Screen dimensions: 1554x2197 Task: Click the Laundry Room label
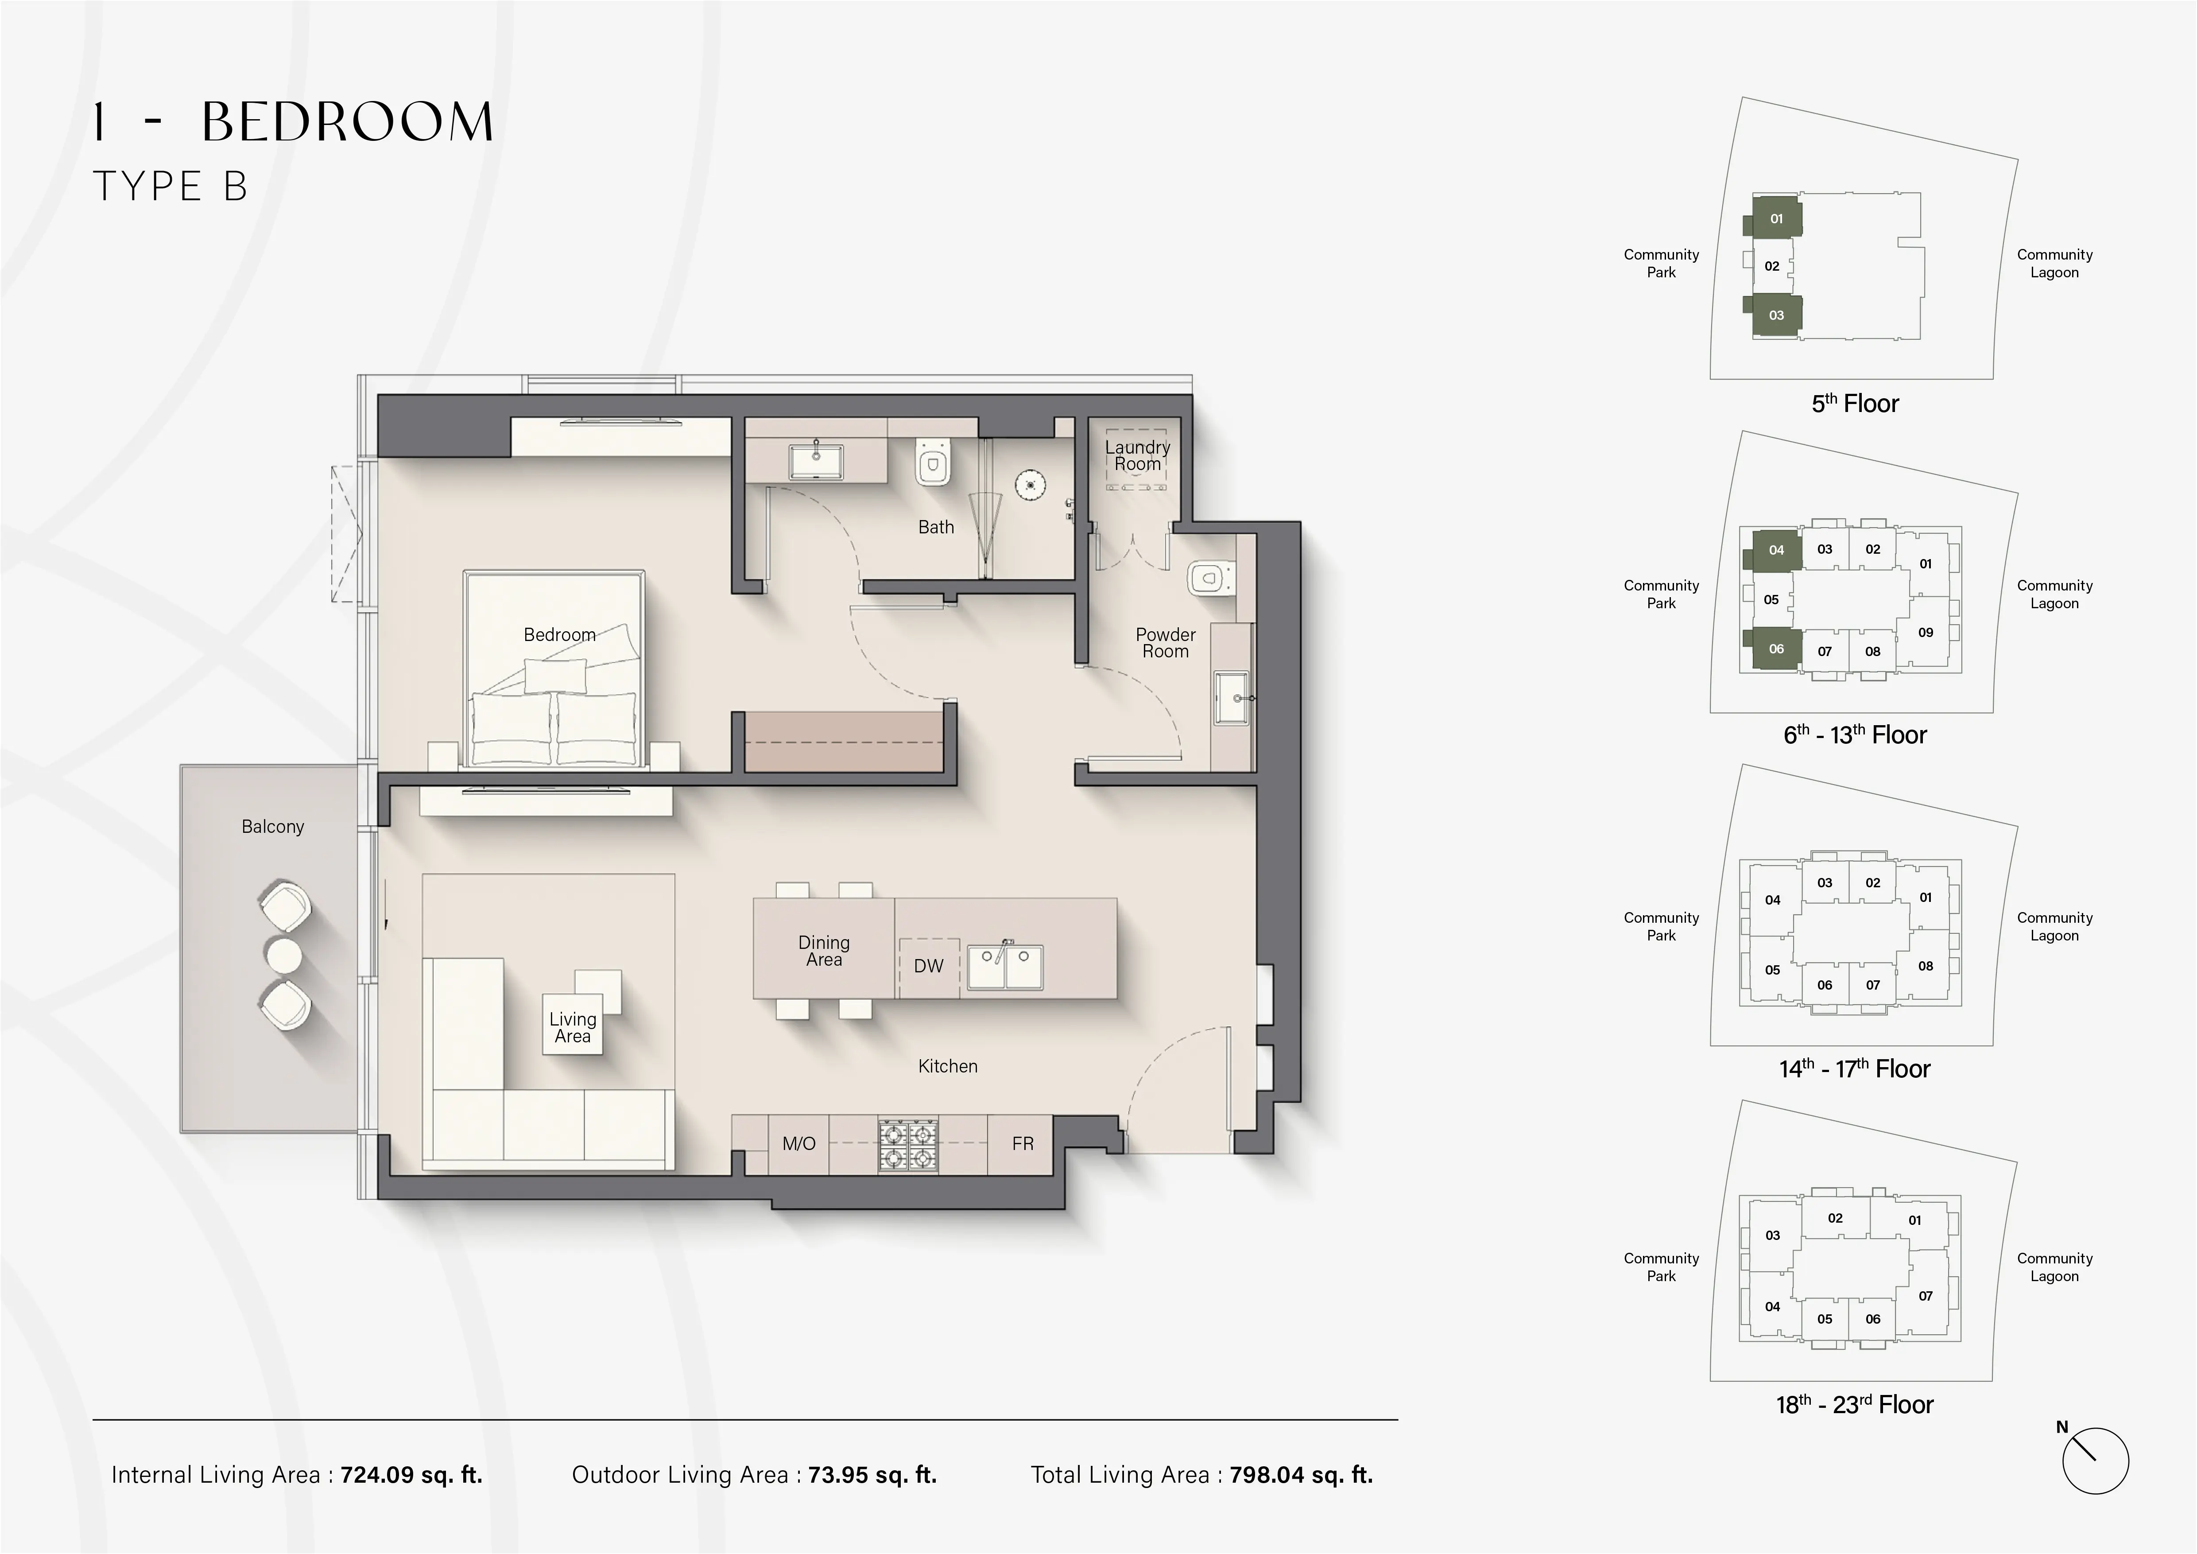[1137, 455]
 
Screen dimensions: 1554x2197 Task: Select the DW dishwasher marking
[928, 967]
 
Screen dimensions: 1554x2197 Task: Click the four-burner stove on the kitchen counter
[908, 1146]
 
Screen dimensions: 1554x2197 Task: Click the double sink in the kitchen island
[1005, 967]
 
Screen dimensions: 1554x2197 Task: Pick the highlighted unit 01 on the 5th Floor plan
[1776, 218]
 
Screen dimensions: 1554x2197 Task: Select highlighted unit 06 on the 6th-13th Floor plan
[1776, 649]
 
